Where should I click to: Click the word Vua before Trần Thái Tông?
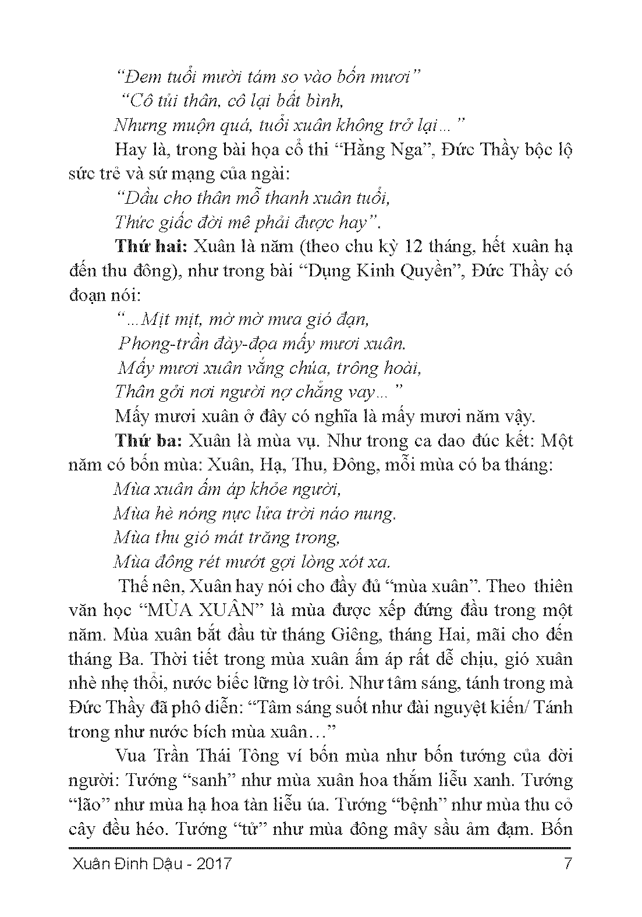click(x=131, y=756)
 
